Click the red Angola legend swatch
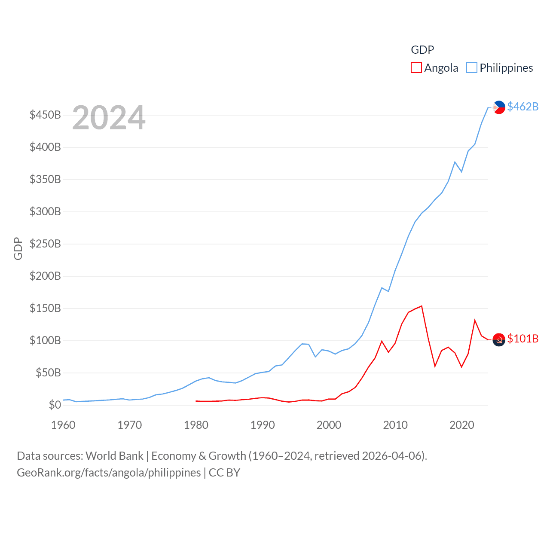[x=416, y=68]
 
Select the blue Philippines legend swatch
[x=471, y=68]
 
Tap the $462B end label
[x=522, y=107]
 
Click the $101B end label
[x=522, y=339]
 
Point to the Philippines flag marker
[x=499, y=107]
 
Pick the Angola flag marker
[x=499, y=339]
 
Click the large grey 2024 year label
[x=109, y=118]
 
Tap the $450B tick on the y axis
[x=45, y=115]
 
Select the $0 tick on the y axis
[x=55, y=405]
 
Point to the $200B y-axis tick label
[x=45, y=276]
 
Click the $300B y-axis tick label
[x=45, y=211]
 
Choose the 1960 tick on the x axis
[x=63, y=425]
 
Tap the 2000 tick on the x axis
[x=329, y=425]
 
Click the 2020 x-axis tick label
[x=461, y=425]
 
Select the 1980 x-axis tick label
[x=196, y=425]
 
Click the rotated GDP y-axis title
[x=18, y=248]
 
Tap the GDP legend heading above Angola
[x=422, y=50]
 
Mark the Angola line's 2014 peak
[x=422, y=306]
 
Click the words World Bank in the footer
[x=114, y=455]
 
